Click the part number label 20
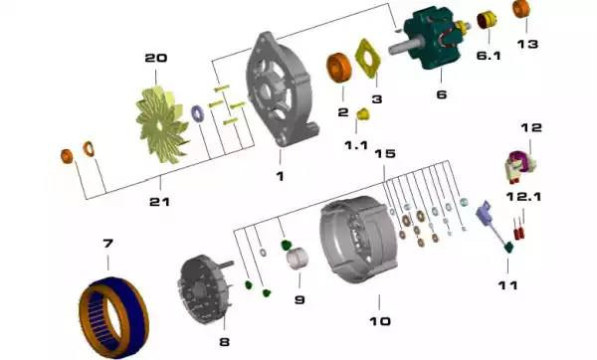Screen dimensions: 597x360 [x=156, y=59]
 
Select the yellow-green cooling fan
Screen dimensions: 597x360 [x=162, y=124]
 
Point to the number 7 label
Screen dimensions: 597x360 [x=108, y=243]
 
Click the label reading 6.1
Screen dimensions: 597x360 [x=489, y=56]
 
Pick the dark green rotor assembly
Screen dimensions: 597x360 [x=430, y=38]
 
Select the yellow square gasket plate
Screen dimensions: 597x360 [x=367, y=58]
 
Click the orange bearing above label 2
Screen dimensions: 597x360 [x=339, y=68]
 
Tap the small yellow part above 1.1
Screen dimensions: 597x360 [x=363, y=113]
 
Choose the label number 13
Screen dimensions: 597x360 [x=527, y=44]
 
